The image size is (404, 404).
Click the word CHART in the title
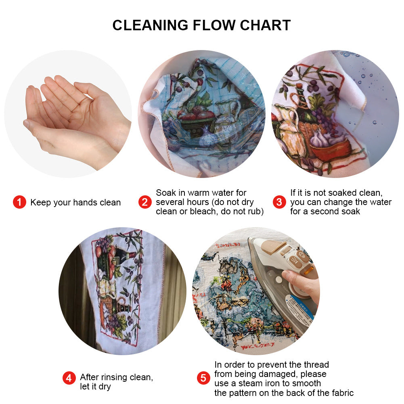pyautogui.click(x=266, y=25)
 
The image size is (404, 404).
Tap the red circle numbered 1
pyautogui.click(x=19, y=202)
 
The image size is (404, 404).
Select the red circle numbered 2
pyautogui.click(x=145, y=202)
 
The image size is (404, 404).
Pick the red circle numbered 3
pyautogui.click(x=279, y=202)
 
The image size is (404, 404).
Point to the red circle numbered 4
pyautogui.click(x=69, y=378)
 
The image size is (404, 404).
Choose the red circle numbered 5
pyautogui.click(x=203, y=378)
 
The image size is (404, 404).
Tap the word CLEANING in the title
pyautogui.click(x=151, y=25)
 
